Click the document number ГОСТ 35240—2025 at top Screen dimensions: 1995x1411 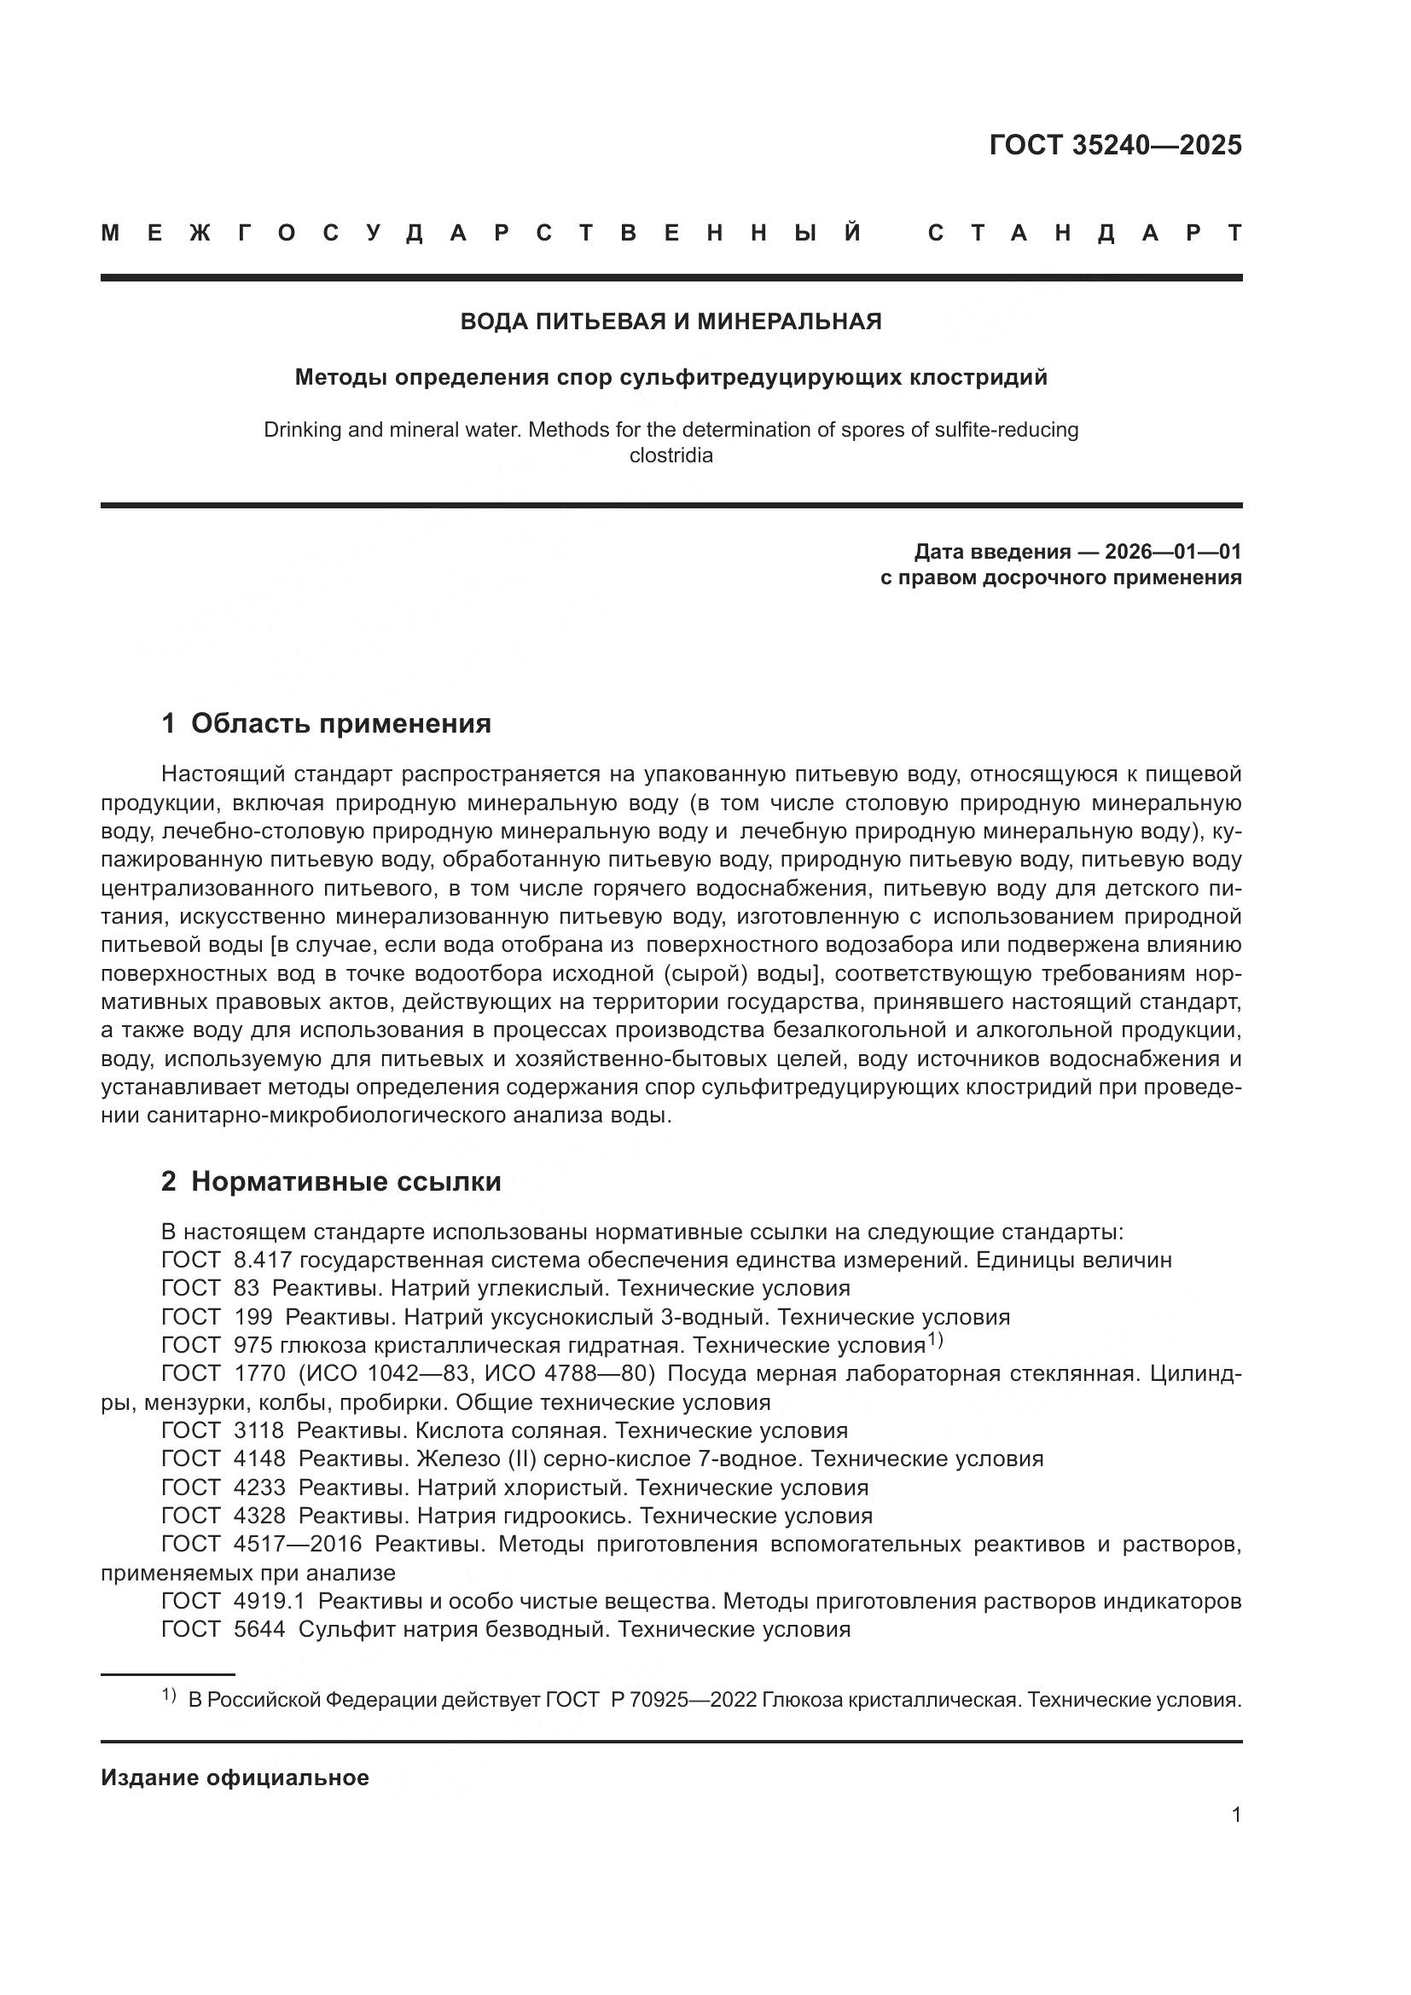coord(1115,145)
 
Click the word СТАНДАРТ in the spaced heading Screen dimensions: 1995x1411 coord(1084,233)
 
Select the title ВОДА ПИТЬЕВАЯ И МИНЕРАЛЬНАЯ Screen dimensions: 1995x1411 coord(671,322)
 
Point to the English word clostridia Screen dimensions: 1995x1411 coord(671,455)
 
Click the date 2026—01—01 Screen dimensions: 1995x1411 coord(1173,552)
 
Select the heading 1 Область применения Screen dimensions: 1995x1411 coord(327,723)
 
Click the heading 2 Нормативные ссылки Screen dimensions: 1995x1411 coord(331,1181)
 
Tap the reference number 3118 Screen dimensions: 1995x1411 coord(259,1431)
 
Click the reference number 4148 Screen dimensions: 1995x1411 coord(259,1459)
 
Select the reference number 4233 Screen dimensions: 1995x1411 coord(259,1488)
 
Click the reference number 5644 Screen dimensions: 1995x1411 coord(259,1630)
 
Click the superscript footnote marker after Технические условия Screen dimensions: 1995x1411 coord(935,1340)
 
